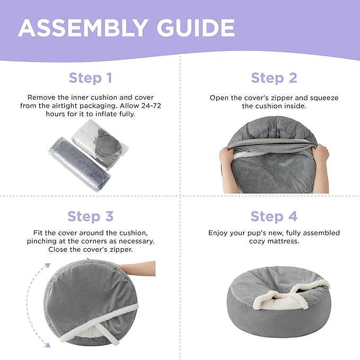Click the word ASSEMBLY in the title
pos(83,28)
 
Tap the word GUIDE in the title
pos(196,28)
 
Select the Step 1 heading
pos(91,78)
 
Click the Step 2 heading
pos(274,78)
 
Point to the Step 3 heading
pos(91,216)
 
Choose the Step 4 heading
pos(274,216)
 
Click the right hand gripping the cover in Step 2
pos(321,161)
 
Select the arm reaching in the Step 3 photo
pos(137,268)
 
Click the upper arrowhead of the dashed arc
pos(48,266)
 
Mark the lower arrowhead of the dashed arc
pos(48,345)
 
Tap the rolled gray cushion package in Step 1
pos(79,164)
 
